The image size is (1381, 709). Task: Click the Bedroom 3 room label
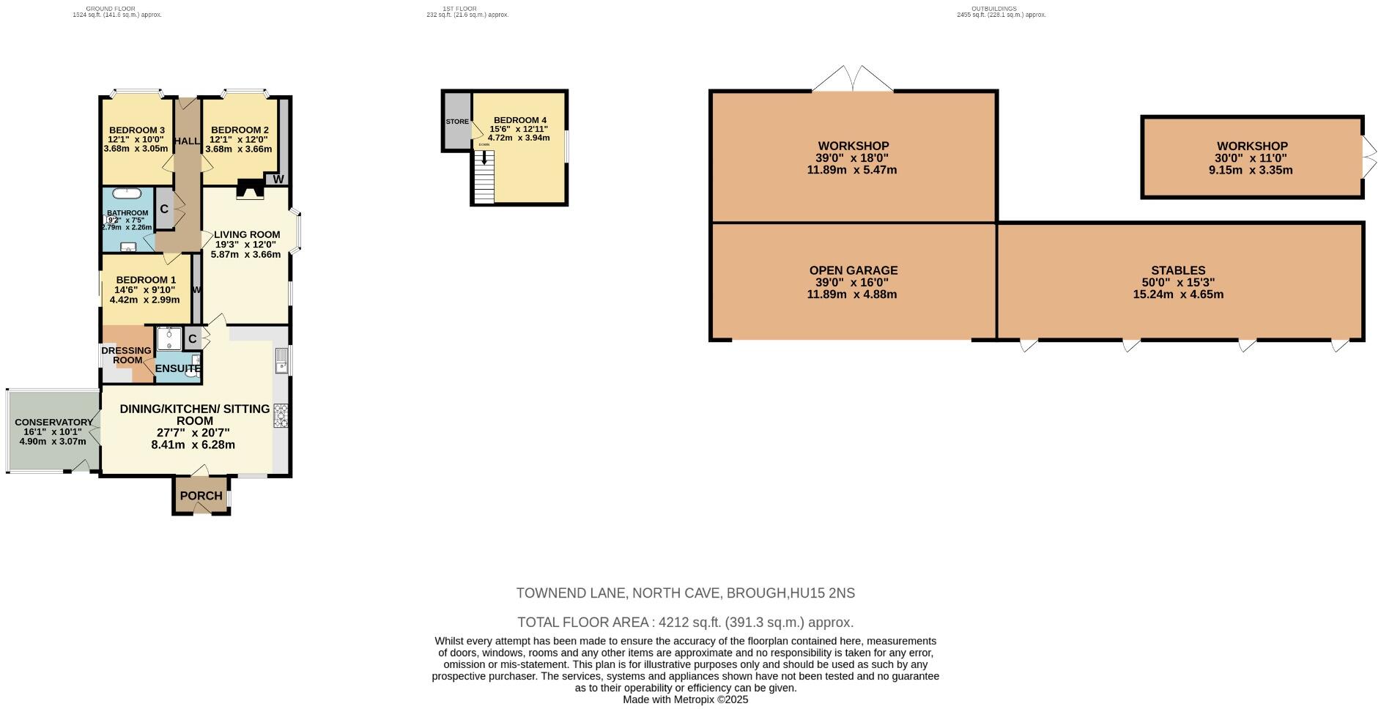[x=136, y=130]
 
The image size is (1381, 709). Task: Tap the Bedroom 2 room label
[x=240, y=130]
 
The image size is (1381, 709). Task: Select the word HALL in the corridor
[x=187, y=141]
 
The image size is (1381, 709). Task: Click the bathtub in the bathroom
[x=129, y=194]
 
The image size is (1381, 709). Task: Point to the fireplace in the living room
[x=249, y=190]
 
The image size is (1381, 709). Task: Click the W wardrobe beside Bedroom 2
[x=278, y=179]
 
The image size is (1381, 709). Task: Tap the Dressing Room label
[x=126, y=355]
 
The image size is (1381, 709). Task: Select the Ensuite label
[x=177, y=368]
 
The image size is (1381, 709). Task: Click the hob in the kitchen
[x=281, y=415]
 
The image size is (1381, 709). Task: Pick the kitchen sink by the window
[x=281, y=359]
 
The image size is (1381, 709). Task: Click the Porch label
[x=201, y=496]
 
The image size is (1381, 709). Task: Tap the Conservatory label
[x=53, y=422]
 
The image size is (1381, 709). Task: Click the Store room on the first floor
[x=456, y=122]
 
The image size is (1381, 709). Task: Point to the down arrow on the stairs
[x=484, y=158]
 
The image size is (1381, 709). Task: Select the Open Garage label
[x=853, y=270]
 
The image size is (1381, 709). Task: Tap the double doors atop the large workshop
[x=853, y=79]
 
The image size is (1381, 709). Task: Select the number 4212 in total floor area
[x=673, y=623]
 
